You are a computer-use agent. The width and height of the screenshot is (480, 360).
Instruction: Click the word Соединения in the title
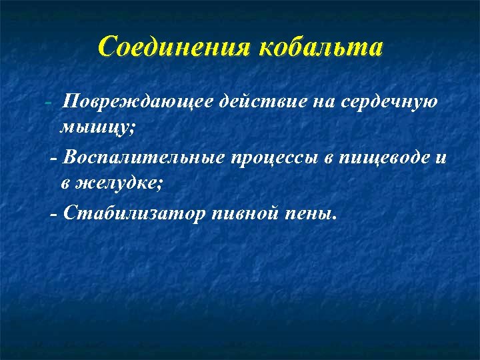174,47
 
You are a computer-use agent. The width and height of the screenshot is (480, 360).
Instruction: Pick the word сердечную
389,102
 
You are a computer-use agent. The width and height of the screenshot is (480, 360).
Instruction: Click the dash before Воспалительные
54,159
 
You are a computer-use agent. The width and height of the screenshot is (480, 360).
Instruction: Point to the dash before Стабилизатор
54,214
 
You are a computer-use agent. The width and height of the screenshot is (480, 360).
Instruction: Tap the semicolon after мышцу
132,127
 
